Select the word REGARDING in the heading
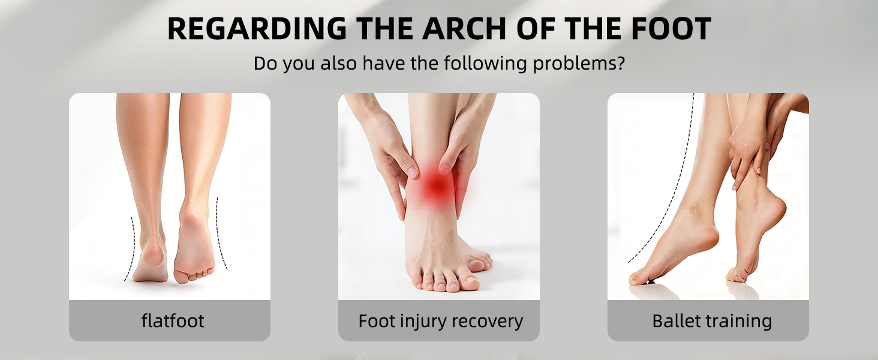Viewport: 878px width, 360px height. pos(257,29)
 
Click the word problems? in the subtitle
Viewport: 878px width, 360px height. pos(579,64)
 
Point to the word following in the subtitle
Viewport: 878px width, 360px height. pos(485,64)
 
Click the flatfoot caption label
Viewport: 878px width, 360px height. pos(173,320)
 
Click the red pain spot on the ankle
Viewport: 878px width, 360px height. pos(436,187)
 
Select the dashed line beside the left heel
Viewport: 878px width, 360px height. pos(132,248)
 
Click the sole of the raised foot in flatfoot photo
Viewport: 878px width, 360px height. pos(194,247)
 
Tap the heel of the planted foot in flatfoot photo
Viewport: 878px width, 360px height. pos(151,259)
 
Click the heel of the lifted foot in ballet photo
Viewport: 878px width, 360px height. pos(774,208)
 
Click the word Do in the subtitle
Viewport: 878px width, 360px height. pos(265,64)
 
